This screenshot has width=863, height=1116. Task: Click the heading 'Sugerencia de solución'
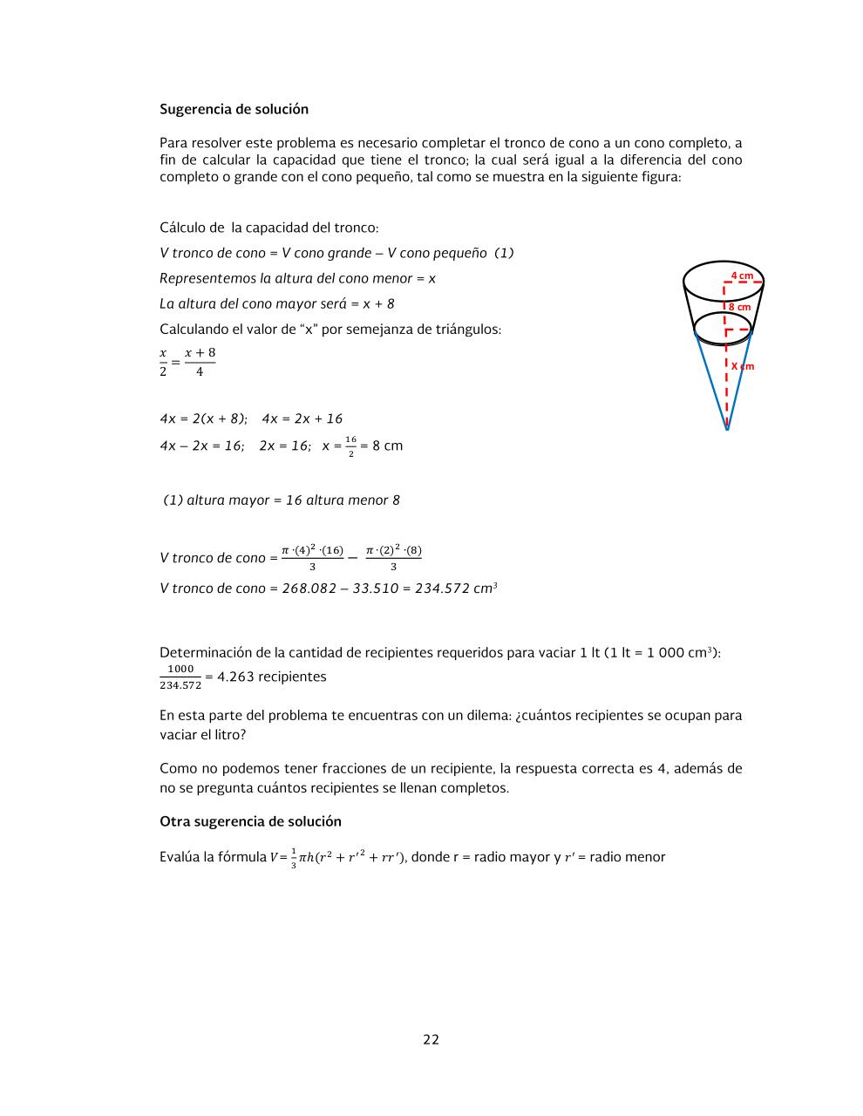pos(234,109)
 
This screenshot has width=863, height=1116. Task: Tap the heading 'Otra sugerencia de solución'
pos(250,821)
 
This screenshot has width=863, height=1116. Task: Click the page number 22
pos(431,1039)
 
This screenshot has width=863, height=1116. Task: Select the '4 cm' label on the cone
pos(742,276)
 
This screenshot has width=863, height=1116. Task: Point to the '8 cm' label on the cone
pos(739,307)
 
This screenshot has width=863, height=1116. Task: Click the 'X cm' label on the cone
pos(742,366)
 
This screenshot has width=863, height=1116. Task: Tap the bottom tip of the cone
pos(727,429)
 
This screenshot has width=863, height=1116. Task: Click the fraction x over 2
pos(163,362)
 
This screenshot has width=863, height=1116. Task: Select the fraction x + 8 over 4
pos(200,362)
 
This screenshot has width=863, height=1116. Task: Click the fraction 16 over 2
pos(350,446)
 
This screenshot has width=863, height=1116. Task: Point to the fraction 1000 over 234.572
pos(180,677)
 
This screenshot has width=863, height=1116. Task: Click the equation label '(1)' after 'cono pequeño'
pos(504,253)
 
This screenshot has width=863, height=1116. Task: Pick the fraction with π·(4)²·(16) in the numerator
pos(312,557)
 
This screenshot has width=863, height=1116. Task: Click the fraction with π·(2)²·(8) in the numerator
pos(393,557)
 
